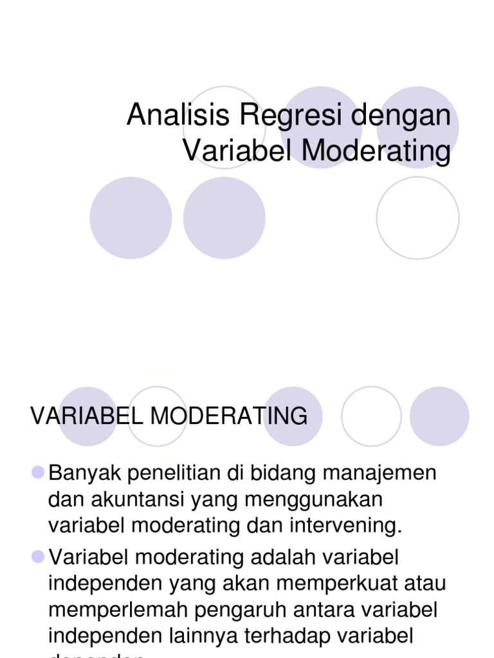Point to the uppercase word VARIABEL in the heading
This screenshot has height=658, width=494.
(87, 416)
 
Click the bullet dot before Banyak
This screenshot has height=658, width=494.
(37, 473)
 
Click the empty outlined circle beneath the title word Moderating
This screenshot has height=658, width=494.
(417, 218)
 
